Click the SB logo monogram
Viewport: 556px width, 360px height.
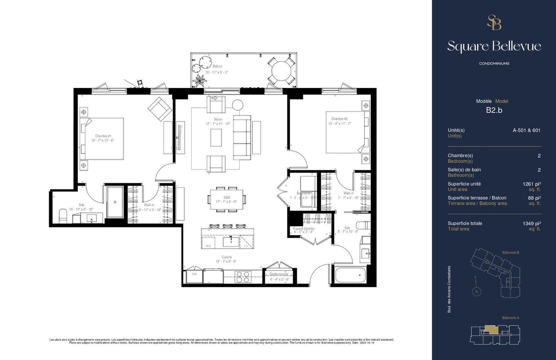coord(494,22)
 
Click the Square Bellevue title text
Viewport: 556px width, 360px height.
coord(494,46)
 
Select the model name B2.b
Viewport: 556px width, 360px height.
coord(494,110)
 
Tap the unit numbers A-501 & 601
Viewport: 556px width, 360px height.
coord(526,130)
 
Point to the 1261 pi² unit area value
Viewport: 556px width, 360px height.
coord(531,184)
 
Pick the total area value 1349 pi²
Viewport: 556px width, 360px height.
coord(531,223)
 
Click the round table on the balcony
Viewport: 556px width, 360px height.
coord(281,70)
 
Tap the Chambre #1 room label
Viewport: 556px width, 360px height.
coord(103,136)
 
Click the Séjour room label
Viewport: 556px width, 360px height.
coord(218,119)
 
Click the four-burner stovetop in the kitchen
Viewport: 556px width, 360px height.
coord(243,277)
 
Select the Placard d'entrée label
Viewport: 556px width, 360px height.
coord(303,229)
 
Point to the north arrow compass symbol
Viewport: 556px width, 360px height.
coord(476,291)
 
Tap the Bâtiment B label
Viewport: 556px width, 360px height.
coord(510,252)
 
